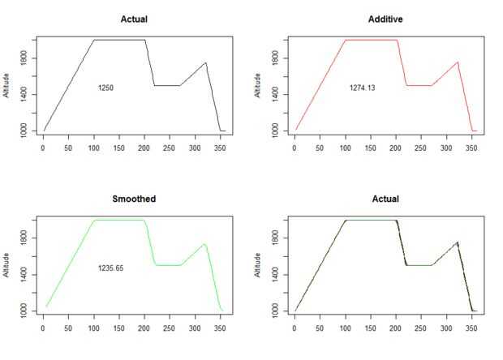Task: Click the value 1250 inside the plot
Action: [x=105, y=87]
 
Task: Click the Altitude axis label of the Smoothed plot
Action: [x=7, y=264]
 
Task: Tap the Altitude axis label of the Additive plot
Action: [x=260, y=84]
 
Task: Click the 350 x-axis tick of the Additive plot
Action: [x=472, y=148]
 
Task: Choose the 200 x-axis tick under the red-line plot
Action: [x=396, y=148]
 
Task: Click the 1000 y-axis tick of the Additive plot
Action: [x=277, y=130]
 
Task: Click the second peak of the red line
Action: [x=458, y=62]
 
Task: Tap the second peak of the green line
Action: [x=204, y=244]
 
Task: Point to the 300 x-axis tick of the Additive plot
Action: [x=447, y=148]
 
